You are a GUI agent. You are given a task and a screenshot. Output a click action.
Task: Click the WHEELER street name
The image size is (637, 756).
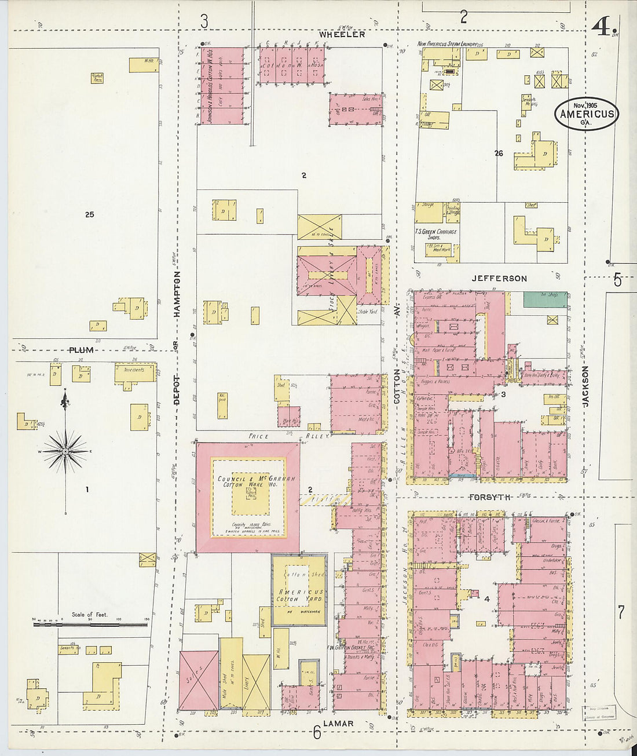[x=342, y=35]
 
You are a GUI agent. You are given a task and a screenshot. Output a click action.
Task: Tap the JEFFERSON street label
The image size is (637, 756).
[x=499, y=279]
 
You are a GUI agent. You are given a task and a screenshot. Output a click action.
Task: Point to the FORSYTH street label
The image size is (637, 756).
[x=490, y=497]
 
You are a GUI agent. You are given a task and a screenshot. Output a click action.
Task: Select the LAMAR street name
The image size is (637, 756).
[x=338, y=724]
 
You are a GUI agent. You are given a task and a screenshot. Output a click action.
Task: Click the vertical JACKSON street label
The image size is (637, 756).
[x=585, y=386]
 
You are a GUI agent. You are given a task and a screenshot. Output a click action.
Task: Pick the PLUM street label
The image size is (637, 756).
[x=81, y=350]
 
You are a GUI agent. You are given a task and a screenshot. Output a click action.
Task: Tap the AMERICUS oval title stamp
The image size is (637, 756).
[x=586, y=113]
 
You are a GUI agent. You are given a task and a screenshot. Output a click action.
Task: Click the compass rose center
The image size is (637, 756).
[x=65, y=451]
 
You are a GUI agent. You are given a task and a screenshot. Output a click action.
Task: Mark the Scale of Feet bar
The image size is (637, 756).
[x=90, y=624]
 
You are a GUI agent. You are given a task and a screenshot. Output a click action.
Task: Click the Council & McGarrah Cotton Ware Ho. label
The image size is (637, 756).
[x=248, y=481]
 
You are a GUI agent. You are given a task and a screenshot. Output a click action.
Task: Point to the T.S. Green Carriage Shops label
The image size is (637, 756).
[x=436, y=234]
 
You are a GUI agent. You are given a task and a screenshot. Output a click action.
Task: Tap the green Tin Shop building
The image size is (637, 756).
[x=544, y=300]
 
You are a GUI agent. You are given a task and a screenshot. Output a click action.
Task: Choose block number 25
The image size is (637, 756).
[x=89, y=214]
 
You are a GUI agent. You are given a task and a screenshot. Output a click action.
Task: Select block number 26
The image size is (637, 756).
[x=499, y=154]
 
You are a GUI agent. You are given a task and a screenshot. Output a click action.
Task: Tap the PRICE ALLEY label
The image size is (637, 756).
[x=289, y=436]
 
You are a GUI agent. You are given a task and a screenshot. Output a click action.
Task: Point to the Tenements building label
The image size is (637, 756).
[x=134, y=370]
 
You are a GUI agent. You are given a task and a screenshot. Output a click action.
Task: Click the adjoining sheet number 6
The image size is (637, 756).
[x=317, y=733]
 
